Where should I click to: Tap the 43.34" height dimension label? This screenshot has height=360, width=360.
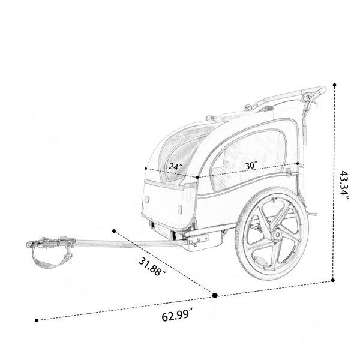(x=344, y=185)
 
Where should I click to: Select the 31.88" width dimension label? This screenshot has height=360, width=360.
(x=152, y=267)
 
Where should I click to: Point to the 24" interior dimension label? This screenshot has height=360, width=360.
(x=176, y=166)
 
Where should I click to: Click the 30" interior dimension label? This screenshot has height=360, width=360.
(x=251, y=166)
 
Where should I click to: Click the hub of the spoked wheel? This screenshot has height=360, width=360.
(x=277, y=235)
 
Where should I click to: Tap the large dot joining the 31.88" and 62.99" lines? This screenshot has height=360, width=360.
(x=215, y=295)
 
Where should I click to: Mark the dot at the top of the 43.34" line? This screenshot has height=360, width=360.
(x=335, y=85)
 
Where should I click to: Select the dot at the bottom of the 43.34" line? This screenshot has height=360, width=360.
(x=333, y=280)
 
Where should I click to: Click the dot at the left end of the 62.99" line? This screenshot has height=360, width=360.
(x=37, y=320)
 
